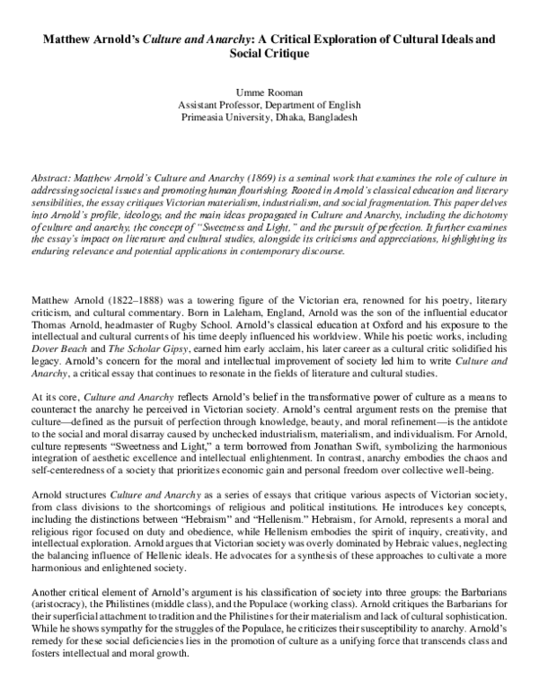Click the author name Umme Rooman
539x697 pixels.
coord(269,93)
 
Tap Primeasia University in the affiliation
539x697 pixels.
coord(230,118)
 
